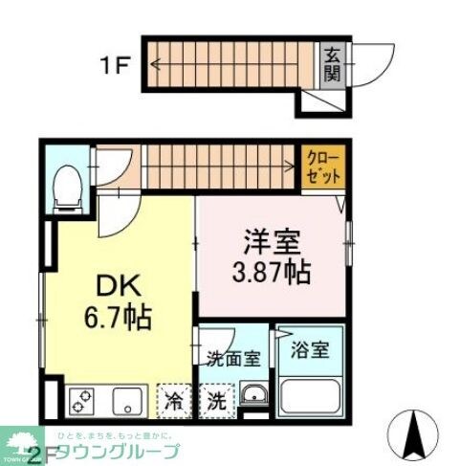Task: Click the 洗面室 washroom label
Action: [x=233, y=360]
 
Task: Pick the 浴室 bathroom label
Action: [x=310, y=350]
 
